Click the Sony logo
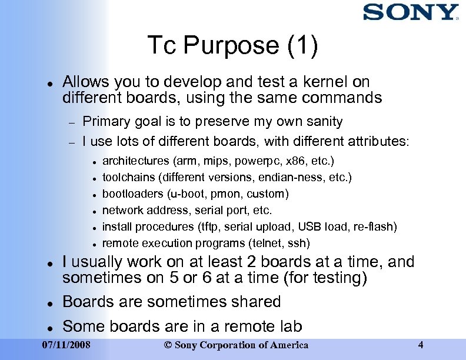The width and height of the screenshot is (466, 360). (x=410, y=12)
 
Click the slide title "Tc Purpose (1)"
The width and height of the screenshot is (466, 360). (x=232, y=45)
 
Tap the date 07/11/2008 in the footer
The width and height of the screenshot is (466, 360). (x=67, y=345)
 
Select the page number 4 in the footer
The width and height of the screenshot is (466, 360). (x=420, y=345)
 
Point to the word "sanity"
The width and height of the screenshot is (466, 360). (x=322, y=122)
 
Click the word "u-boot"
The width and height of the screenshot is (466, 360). (x=184, y=194)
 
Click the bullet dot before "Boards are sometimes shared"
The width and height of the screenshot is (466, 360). (x=51, y=302)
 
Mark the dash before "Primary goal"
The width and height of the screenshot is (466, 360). (x=72, y=122)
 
